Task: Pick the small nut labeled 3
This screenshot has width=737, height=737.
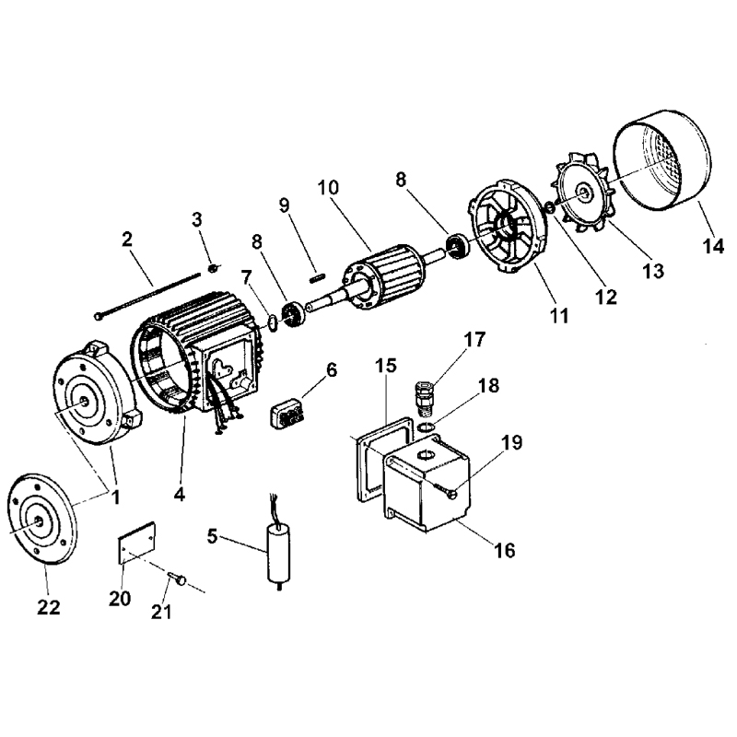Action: (x=211, y=268)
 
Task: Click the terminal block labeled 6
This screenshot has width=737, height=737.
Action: (x=288, y=413)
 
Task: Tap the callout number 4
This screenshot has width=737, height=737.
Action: (x=180, y=493)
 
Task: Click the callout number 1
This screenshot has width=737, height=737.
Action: (x=116, y=497)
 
